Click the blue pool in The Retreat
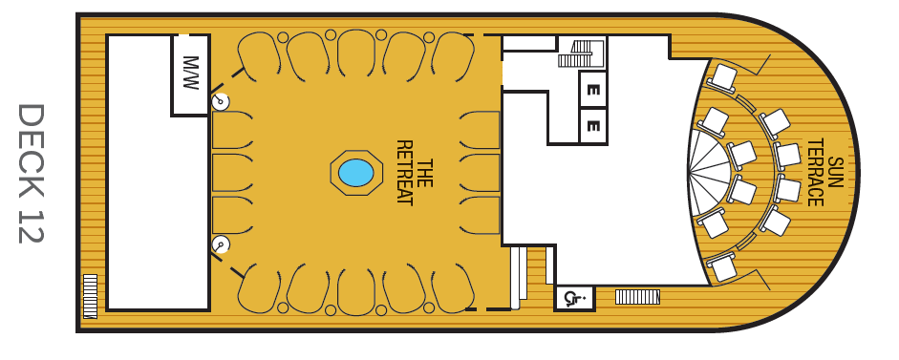coord(356,173)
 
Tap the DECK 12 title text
coord(31,173)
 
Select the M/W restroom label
coord(190,73)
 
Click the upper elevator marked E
coord(593,90)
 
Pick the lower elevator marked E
coord(593,125)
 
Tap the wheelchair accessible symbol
coord(574,298)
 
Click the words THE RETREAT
coord(414,172)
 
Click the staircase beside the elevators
coord(582,53)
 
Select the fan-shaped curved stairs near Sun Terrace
coord(710,172)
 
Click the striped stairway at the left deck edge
coord(90,296)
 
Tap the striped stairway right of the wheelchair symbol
coord(637,297)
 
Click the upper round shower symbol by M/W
coord(220,101)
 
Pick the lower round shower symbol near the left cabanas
coord(220,244)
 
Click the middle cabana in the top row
coord(356,53)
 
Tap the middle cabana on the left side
coord(232,173)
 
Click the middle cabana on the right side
coord(480,173)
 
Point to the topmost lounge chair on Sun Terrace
coord(722,78)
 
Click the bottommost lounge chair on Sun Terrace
coord(722,266)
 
